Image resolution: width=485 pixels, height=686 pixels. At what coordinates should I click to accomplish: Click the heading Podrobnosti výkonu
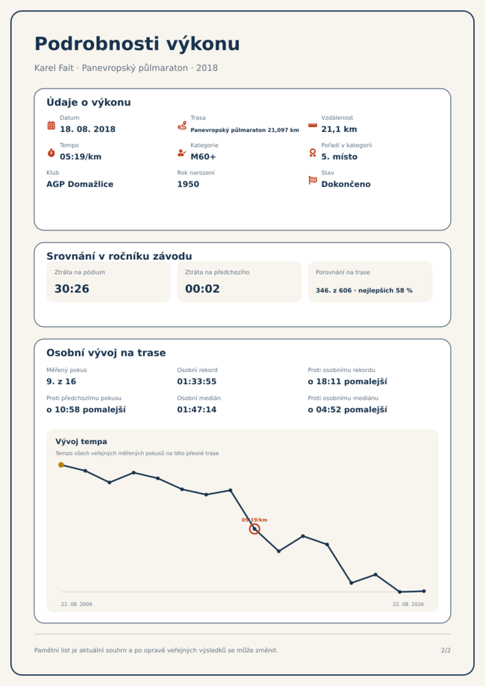point(137,44)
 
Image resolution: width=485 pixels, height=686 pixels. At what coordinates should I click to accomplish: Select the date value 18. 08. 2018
point(88,129)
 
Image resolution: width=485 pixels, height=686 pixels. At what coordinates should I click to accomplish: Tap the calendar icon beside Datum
point(51,125)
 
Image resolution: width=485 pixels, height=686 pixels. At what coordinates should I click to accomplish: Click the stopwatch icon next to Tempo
point(51,152)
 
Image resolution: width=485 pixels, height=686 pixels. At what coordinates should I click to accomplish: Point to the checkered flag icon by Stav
point(313,180)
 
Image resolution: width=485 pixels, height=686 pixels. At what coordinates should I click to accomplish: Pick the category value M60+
point(203,157)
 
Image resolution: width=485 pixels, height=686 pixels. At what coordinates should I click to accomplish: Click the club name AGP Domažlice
point(80,184)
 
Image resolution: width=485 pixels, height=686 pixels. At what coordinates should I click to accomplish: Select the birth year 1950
point(188,184)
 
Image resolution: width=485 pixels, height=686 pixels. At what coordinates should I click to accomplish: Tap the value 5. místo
point(339,157)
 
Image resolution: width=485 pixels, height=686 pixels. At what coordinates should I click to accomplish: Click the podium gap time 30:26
point(72,289)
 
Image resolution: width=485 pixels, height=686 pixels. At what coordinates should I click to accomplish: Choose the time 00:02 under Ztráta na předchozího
point(202,289)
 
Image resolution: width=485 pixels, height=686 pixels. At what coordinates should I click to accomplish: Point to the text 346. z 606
point(334,290)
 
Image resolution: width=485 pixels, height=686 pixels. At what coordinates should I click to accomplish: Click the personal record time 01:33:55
point(197,381)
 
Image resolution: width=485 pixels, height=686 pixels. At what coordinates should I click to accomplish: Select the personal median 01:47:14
point(197,410)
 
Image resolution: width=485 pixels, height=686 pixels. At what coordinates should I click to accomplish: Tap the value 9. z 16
point(61,381)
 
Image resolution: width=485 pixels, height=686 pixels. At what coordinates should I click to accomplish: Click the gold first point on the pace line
point(61,465)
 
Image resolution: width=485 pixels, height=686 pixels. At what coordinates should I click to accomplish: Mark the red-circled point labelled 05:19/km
point(254,529)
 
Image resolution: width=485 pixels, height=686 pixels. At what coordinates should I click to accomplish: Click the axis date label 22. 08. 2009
point(76,604)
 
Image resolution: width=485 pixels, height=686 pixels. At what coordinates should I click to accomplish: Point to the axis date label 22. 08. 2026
point(408,604)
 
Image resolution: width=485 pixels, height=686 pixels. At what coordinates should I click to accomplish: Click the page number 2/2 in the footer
point(446,650)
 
